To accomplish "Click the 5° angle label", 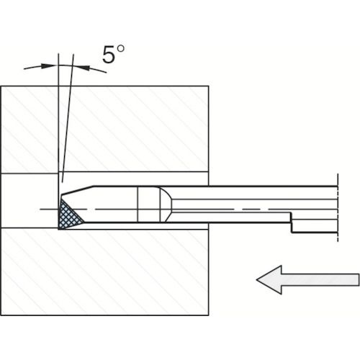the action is coord(113,54).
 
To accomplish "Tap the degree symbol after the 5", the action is coord(121,49).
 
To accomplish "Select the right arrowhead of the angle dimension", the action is coord(81,67).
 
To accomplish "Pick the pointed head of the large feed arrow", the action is coord(269,279).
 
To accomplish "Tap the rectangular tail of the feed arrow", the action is coord(320,279).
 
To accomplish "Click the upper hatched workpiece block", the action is coord(104,129).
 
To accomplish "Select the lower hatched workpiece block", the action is coord(104,271).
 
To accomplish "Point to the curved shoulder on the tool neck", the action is coord(167,204).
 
